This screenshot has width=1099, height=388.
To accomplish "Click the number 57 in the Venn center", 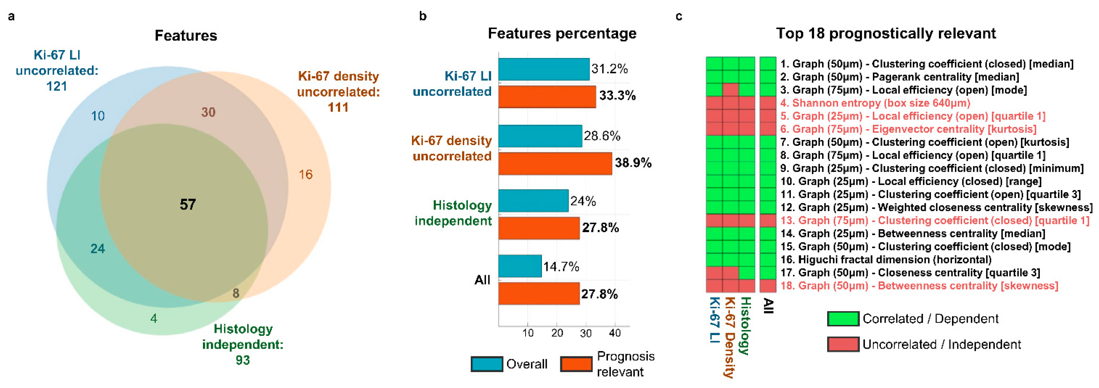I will tap(188, 205).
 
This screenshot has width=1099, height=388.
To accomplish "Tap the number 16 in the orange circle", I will tap(306, 174).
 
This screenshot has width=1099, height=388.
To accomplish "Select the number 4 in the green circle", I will tap(154, 318).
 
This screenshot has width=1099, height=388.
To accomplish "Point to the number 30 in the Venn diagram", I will tap(208, 112).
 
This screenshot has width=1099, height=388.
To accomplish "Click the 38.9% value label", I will tap(633, 163).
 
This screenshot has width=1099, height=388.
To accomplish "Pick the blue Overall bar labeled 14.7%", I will tap(520, 266).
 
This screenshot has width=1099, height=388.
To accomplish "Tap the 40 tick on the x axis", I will tap(615, 333).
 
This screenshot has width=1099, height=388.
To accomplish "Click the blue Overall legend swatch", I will tap(486, 364).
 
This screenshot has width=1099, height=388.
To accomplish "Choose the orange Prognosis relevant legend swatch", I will tap(576, 364).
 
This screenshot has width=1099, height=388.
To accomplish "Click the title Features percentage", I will tap(562, 33).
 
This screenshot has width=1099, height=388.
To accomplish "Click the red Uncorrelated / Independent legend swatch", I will tap(843, 344).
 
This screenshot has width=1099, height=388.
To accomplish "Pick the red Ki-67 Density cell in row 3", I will tap(730, 90).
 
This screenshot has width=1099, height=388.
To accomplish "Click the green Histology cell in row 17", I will tap(747, 272).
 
